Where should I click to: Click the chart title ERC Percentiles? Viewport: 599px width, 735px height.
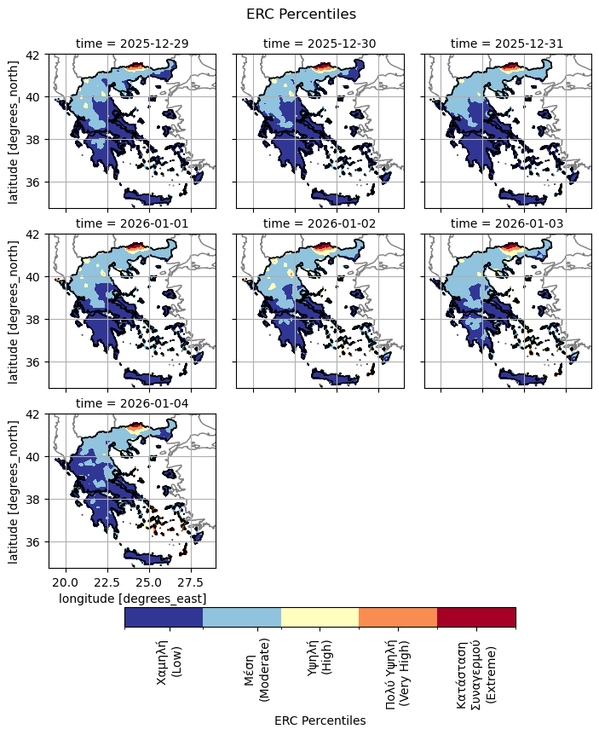tap(301, 14)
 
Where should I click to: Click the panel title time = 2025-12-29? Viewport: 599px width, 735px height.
tap(132, 43)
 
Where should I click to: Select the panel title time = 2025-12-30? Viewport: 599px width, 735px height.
tap(320, 43)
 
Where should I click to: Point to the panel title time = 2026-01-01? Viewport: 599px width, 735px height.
tap(132, 223)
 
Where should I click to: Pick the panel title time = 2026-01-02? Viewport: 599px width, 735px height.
tap(320, 223)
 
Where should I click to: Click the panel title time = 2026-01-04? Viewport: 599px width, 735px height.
tap(132, 402)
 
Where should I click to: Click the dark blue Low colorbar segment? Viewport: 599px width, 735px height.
tap(164, 617)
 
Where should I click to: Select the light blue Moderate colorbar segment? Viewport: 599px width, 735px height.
tap(242, 617)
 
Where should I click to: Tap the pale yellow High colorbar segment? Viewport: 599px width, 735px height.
tap(320, 617)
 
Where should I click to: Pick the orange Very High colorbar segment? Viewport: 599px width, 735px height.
tap(398, 617)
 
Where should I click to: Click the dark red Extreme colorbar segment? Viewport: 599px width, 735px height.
tap(476, 617)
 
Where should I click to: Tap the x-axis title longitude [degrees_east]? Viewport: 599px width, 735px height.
tap(132, 599)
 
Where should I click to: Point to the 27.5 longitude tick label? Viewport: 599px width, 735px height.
tap(191, 583)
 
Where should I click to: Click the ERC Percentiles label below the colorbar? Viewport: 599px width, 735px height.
tap(320, 721)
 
